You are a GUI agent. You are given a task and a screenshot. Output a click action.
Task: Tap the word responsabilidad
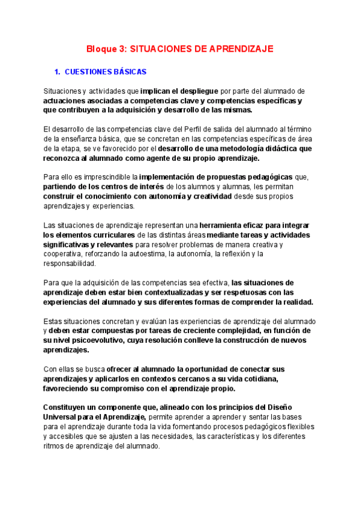[69, 264]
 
